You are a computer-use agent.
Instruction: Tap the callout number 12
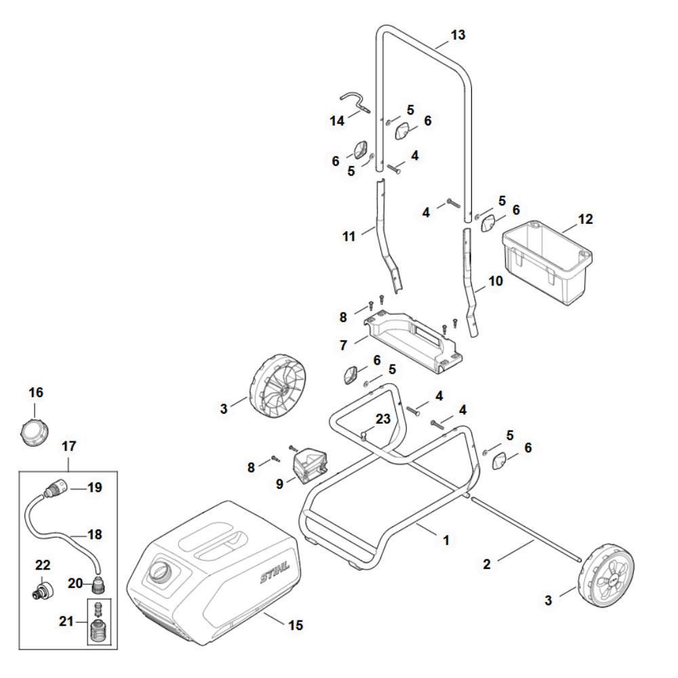coord(584,219)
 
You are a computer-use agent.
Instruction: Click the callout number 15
coord(296,623)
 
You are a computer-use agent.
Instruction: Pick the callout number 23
coord(384,419)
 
